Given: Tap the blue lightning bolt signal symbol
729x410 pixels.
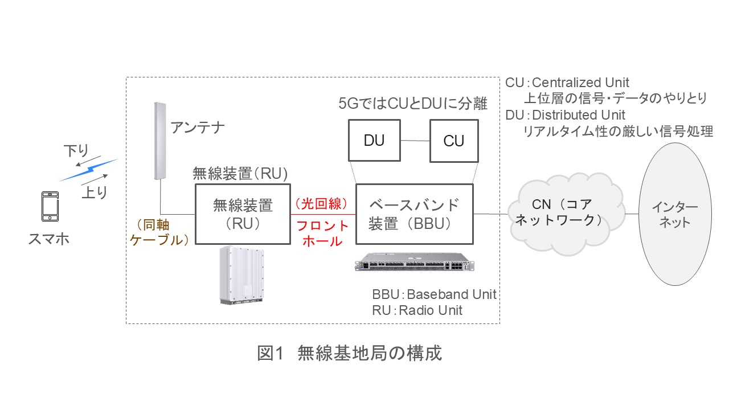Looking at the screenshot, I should pyautogui.click(x=88, y=169).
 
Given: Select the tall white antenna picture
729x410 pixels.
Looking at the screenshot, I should pyautogui.click(x=160, y=141).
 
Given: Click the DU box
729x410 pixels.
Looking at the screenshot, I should pyautogui.click(x=374, y=140).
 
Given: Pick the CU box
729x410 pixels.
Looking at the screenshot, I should pyautogui.click(x=454, y=140).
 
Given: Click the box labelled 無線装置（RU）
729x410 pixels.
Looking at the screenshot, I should pyautogui.click(x=243, y=214).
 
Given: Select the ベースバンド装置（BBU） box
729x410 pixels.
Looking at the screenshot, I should pyautogui.click(x=414, y=214).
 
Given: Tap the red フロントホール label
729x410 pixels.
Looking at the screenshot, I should pyautogui.click(x=322, y=233).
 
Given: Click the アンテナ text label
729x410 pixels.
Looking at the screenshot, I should pyautogui.click(x=198, y=127).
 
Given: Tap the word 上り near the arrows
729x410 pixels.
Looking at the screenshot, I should pyautogui.click(x=94, y=193).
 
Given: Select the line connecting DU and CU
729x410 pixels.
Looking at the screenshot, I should pyautogui.click(x=415, y=140).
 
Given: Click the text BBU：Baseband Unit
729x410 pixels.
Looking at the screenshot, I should pyautogui.click(x=434, y=294).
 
